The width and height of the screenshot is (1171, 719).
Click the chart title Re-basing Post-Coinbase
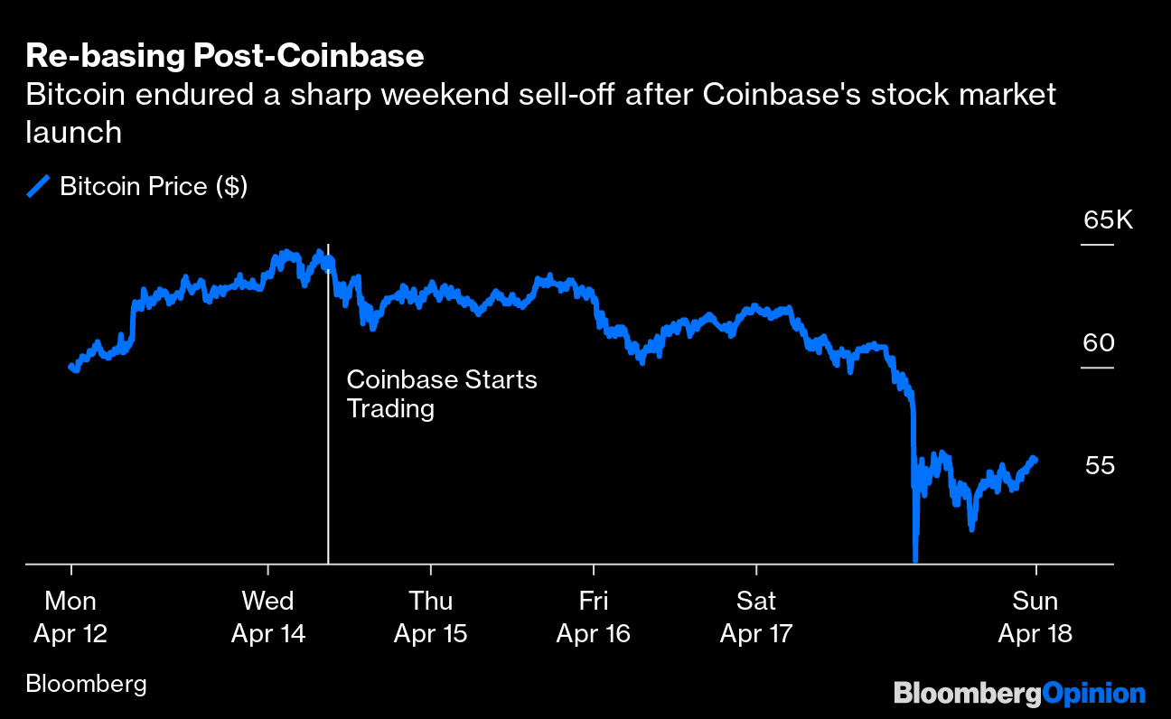pyautogui.click(x=225, y=56)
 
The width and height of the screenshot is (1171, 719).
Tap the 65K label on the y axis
pyautogui.click(x=1108, y=220)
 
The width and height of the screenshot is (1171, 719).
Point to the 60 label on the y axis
pyautogui.click(x=1100, y=343)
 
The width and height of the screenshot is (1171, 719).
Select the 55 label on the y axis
pyautogui.click(x=1100, y=466)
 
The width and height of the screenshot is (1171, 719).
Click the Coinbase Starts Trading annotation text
pyautogui.click(x=442, y=394)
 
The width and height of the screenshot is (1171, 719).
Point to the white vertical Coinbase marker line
pyautogui.click(x=328, y=470)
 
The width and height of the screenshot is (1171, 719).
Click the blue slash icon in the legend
pyautogui.click(x=38, y=187)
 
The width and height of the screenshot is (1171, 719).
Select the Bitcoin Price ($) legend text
pyautogui.click(x=154, y=187)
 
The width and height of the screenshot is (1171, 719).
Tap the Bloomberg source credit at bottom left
pyautogui.click(x=86, y=684)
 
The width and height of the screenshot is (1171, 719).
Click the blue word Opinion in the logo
pyautogui.click(x=1094, y=694)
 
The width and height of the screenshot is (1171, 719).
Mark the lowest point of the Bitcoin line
pyautogui.click(x=915, y=560)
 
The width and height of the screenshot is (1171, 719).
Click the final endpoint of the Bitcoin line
pyautogui.click(x=1035, y=459)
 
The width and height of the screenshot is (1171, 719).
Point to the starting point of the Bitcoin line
pyautogui.click(x=71, y=367)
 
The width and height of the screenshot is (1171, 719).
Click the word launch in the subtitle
pyautogui.click(x=74, y=133)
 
